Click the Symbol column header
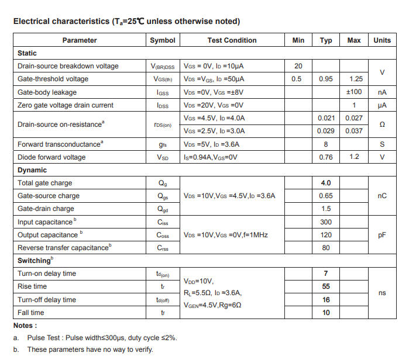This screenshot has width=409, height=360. [x=162, y=40]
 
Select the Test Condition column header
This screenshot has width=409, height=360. [x=232, y=40]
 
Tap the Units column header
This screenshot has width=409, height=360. [x=381, y=40]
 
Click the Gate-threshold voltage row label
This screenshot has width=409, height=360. [x=53, y=79]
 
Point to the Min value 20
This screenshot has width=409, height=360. [x=298, y=66]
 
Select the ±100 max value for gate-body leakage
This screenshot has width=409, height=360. [x=354, y=92]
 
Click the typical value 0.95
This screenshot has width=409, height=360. [x=326, y=79]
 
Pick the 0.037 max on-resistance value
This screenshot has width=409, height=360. [x=354, y=131]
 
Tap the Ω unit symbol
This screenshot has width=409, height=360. [x=382, y=124]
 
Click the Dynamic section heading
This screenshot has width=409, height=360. [x=32, y=170]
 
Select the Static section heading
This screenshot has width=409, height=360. [x=27, y=53]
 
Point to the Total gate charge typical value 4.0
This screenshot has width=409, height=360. [x=326, y=183]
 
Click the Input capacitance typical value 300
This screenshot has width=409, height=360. [x=326, y=222]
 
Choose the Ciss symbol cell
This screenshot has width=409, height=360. [x=163, y=222]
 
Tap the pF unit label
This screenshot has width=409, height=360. [x=382, y=235]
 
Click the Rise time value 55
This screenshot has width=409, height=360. [x=326, y=286]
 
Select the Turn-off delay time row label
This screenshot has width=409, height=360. [x=47, y=300]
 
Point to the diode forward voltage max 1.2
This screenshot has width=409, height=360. [x=354, y=157]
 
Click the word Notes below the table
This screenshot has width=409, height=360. [x=25, y=326]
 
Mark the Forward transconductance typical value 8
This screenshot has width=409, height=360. [x=326, y=144]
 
